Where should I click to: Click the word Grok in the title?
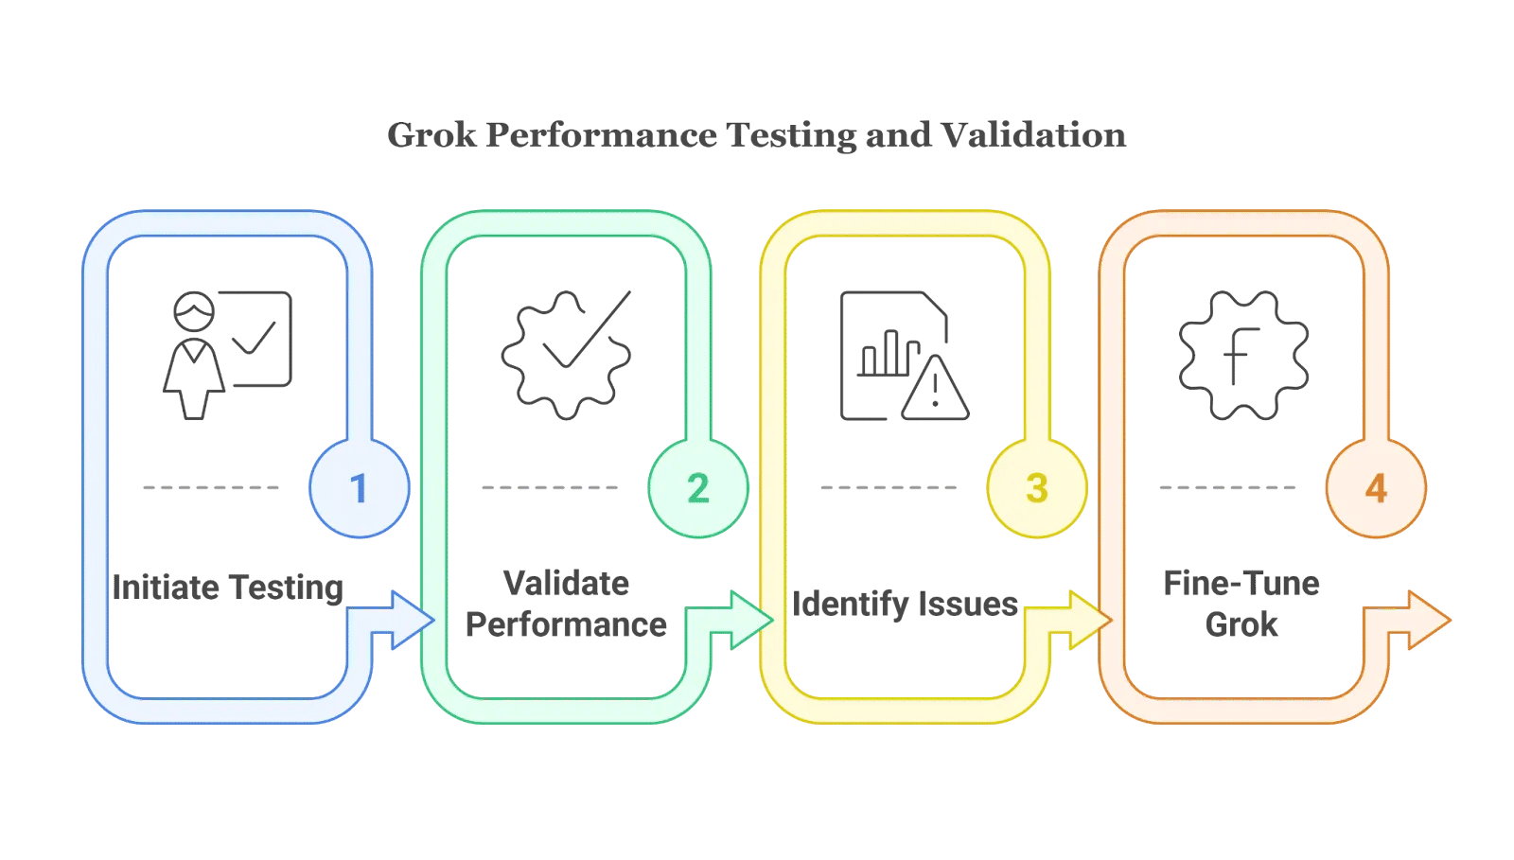coord(431,135)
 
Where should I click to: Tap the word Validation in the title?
coord(1034,135)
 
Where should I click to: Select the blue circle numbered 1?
coord(360,488)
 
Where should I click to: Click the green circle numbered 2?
coord(698,488)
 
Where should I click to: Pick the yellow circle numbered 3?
coord(1037,488)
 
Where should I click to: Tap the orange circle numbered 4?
coord(1376,488)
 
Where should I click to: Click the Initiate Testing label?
coord(228,588)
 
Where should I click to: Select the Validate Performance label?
coord(567,604)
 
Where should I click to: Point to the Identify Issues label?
coord(905,604)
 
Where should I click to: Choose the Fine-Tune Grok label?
coord(1241,604)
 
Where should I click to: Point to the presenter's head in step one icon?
coord(194,311)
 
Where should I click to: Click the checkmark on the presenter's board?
coord(255,337)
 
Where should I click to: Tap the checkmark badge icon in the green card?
coord(567,356)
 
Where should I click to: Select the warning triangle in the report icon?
coord(936,389)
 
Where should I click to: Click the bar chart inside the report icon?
coord(889,353)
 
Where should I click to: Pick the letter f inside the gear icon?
coord(1241,356)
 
